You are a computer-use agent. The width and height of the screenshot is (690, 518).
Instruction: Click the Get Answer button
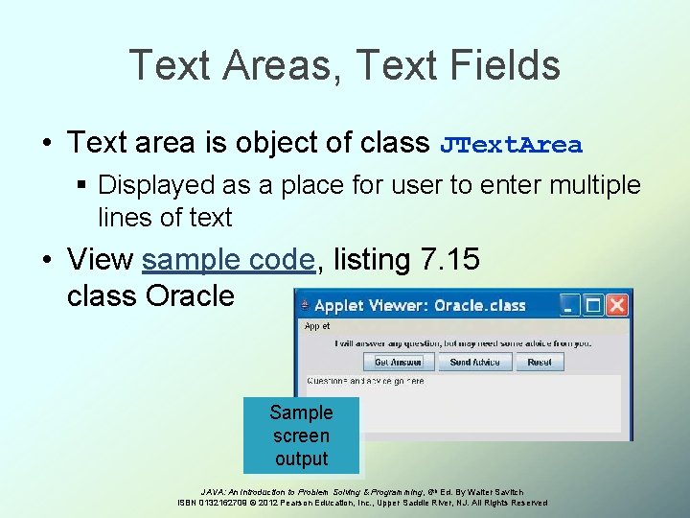(398, 362)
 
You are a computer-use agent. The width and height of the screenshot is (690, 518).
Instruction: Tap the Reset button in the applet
(539, 362)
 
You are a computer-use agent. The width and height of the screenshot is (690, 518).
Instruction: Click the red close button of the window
(617, 305)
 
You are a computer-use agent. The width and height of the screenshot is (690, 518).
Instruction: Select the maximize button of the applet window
(594, 305)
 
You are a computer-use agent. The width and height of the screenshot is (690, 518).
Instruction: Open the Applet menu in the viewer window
(317, 326)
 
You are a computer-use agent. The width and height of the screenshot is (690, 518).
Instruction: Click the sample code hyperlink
(228, 260)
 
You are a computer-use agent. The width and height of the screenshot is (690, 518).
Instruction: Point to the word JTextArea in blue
(511, 145)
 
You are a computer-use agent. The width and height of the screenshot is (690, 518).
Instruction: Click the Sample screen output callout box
(301, 436)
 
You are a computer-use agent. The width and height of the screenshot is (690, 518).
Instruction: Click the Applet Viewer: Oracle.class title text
(420, 306)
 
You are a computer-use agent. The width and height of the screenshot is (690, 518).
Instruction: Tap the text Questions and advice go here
(365, 381)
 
